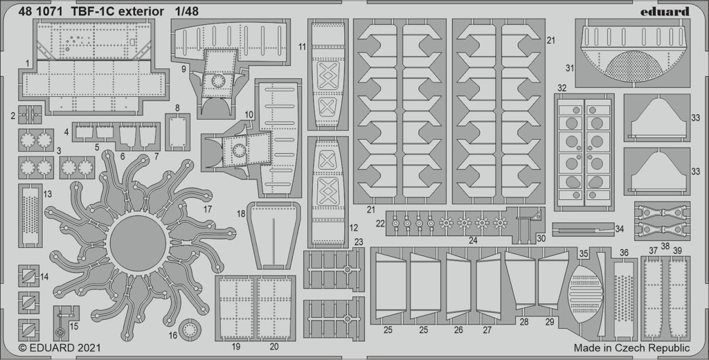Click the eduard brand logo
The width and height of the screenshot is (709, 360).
664,11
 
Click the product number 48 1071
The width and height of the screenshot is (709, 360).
41,12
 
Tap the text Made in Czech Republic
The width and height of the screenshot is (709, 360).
631,348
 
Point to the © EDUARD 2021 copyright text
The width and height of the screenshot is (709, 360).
60,348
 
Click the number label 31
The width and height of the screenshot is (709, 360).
569,69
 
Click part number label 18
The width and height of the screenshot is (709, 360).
241,214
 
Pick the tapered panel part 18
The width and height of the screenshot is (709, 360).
273,235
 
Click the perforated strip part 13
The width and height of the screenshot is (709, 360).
30,215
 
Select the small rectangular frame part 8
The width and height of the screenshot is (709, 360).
177,132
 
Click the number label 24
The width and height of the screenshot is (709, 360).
473,241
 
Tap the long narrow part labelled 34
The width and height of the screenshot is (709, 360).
583,229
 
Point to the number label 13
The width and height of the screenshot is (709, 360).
48,194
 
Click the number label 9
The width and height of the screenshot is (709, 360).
183,69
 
